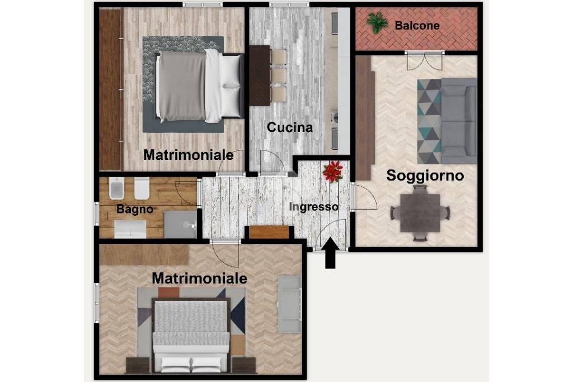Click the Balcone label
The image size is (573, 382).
click(x=417, y=25)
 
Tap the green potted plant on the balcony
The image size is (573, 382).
click(x=377, y=23)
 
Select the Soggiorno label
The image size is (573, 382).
click(x=425, y=176)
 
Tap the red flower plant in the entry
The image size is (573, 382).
click(x=333, y=171)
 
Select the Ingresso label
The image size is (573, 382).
click(x=313, y=206)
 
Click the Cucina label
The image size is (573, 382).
click(x=289, y=128)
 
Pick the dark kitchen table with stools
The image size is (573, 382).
click(x=260, y=76)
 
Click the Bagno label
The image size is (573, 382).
click(x=135, y=209)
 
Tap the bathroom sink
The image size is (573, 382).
click(x=130, y=228)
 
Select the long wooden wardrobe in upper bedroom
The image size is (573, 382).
click(x=111, y=89)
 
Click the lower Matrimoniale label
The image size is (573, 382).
click(x=199, y=277)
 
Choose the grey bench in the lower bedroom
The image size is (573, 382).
click(x=289, y=305)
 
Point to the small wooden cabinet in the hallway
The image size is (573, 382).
click(x=269, y=232)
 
